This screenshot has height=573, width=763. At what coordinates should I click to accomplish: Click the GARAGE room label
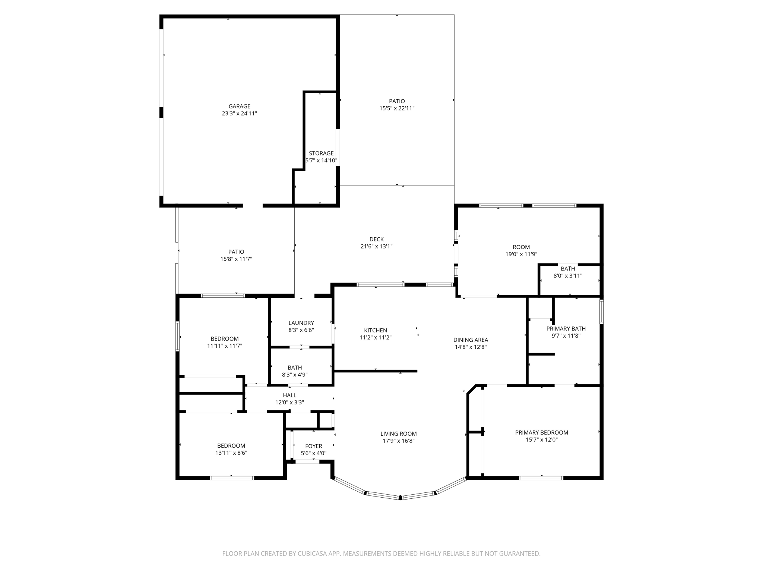239,106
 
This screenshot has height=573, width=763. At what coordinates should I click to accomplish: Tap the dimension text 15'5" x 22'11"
397,108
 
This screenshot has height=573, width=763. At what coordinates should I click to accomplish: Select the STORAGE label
321,153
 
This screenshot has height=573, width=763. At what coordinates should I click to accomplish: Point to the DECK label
376,239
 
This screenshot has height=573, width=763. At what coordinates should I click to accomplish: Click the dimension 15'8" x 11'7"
236,259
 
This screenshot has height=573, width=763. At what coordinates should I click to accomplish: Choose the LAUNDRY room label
301,323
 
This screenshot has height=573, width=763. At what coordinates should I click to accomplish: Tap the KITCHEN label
375,330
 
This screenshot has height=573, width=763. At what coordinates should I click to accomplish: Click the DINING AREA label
471,340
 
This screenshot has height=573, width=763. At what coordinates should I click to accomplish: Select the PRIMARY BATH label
566,329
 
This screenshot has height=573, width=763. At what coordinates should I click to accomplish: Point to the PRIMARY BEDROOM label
541,432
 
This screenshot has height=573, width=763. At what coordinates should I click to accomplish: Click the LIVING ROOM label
398,433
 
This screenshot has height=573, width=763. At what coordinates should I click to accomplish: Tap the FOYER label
313,446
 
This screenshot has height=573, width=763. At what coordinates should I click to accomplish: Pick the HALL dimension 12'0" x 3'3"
289,403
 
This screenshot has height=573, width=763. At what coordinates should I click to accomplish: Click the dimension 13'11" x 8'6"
231,453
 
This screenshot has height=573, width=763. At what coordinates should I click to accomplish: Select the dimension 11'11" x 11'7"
225,346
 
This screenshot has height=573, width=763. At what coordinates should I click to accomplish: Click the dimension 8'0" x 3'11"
567,276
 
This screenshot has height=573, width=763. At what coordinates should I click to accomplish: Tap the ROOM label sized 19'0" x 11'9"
521,247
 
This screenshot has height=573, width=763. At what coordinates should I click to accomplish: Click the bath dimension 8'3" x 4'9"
294,375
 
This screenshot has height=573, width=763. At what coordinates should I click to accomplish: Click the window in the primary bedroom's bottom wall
541,477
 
